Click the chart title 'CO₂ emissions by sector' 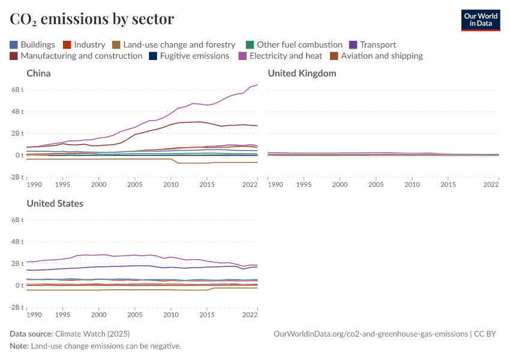pyautogui.click(x=92, y=19)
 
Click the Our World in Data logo pyautogui.click(x=480, y=20)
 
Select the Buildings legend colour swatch pyautogui.click(x=14, y=45)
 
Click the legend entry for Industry pyautogui.click(x=84, y=45)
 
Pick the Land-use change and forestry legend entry pyautogui.click(x=173, y=45)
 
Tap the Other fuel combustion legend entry pyautogui.click(x=294, y=45)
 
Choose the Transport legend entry pyautogui.click(x=372, y=45)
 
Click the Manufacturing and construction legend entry pyautogui.click(x=76, y=56)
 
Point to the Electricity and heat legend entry pyautogui.click(x=280, y=56)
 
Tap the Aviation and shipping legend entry pyautogui.click(x=376, y=56)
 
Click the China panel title pyautogui.click(x=38, y=73)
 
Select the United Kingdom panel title pyautogui.click(x=302, y=73)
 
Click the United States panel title pyautogui.click(x=55, y=203)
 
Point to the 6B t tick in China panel pyautogui.click(x=17, y=89)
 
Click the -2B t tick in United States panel pyautogui.click(x=16, y=307)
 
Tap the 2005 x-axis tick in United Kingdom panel pyautogui.click(x=376, y=184)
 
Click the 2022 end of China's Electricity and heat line pyautogui.click(x=257, y=85)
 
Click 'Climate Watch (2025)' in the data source pyautogui.click(x=92, y=334)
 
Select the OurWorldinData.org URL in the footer pyautogui.click(x=370, y=334)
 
